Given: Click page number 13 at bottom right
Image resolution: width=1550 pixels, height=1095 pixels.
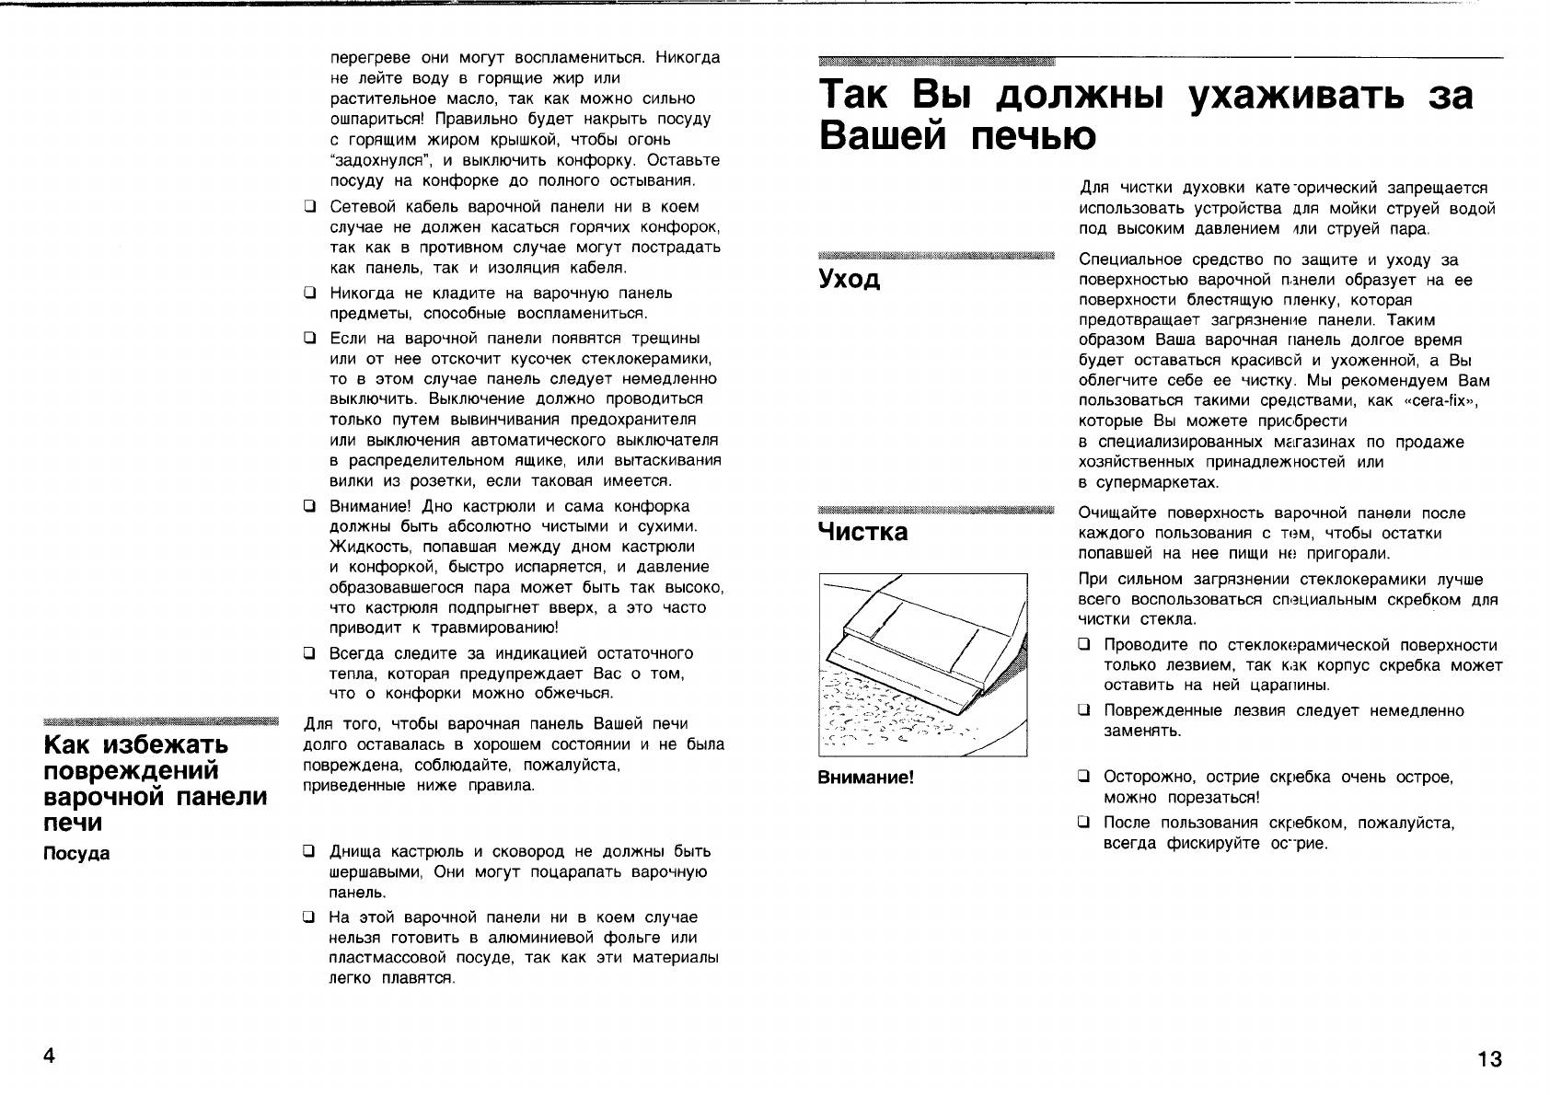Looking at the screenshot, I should pos(1489,1059).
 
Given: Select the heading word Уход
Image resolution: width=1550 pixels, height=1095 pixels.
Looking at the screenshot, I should pos(849,280).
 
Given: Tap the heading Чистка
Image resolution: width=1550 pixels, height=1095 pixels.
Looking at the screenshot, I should pos(862,532).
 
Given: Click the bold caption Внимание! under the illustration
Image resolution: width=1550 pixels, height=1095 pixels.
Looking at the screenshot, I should pos(866,778).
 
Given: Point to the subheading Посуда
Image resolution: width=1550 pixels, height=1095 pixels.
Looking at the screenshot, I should pos(76,853).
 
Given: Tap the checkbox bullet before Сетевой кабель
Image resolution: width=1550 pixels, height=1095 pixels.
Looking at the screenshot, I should pos(310,207).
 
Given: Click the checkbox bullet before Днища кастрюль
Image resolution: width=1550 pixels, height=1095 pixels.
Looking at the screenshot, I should pos(310,852).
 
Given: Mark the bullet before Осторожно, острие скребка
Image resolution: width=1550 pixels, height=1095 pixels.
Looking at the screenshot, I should pos(1085,778).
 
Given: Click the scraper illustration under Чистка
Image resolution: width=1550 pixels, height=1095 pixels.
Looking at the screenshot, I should pos(922,663).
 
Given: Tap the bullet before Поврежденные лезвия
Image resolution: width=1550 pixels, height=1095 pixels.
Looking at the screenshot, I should pos(1085,711).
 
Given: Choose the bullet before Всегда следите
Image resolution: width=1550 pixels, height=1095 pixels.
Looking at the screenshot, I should pos(310,654).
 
